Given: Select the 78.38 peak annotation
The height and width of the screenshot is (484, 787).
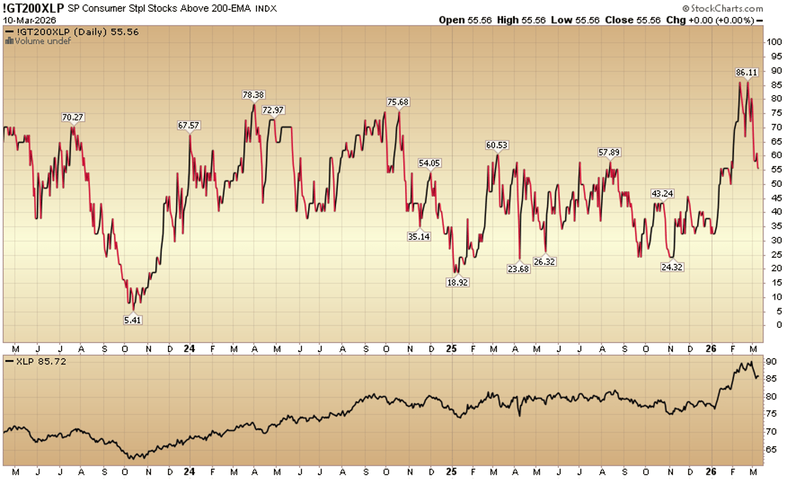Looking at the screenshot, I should (x=252, y=95).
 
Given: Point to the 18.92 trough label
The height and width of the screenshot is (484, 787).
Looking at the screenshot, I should (x=456, y=281).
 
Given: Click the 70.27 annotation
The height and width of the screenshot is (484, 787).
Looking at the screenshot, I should (x=73, y=117).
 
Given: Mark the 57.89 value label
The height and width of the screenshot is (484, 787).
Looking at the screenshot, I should (x=609, y=153).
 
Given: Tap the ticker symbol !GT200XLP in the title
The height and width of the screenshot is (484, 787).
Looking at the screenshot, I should (x=32, y=9).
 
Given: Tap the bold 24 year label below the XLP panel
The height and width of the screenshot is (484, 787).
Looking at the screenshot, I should (x=189, y=471).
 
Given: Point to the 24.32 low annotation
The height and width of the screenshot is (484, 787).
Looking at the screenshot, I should (x=672, y=268).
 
